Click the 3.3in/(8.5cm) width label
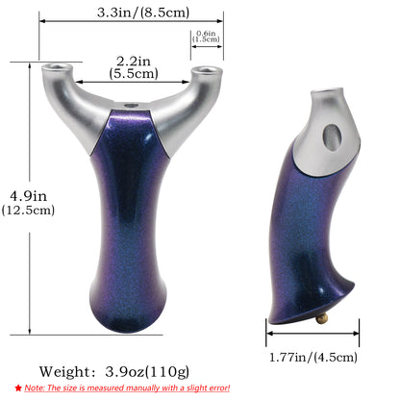pyautogui.click(x=143, y=12)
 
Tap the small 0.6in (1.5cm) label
pyautogui.click(x=206, y=37)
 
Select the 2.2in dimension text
pyautogui.click(x=133, y=61)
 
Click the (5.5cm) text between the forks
pyautogui.click(x=134, y=73)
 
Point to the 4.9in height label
pyautogui.click(x=28, y=196)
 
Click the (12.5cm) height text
pyautogui.click(x=28, y=210)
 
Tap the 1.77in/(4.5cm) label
pyautogui.click(x=313, y=357)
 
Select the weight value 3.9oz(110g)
pyautogui.click(x=147, y=372)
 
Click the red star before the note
pyautogui.click(x=18, y=388)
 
